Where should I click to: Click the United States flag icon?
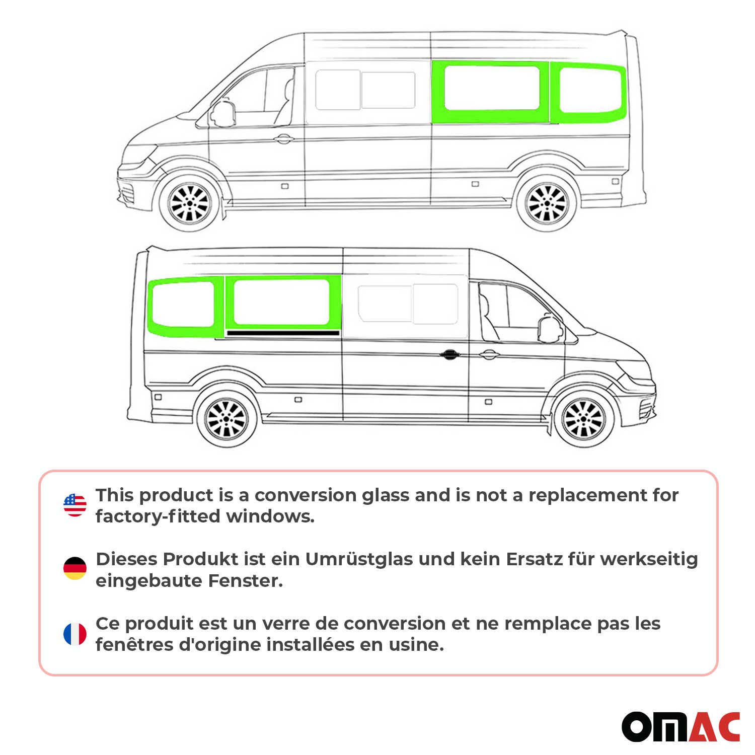click(x=75, y=505)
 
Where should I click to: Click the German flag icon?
click(x=75, y=568)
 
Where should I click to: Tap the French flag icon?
click(x=75, y=634)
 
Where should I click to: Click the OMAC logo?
click(x=681, y=727)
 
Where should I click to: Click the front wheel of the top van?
click(x=189, y=203)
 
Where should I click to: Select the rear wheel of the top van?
click(x=547, y=203)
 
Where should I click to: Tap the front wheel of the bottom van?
click(x=584, y=418)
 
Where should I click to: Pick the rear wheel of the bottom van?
click(x=226, y=418)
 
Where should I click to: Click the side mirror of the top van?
click(x=223, y=114)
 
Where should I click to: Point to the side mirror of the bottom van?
click(x=550, y=329)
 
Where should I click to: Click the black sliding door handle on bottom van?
click(x=448, y=355)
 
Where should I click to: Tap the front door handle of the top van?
click(x=284, y=139)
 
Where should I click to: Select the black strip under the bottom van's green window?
click(x=282, y=333)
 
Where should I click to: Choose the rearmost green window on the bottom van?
click(x=185, y=306)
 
